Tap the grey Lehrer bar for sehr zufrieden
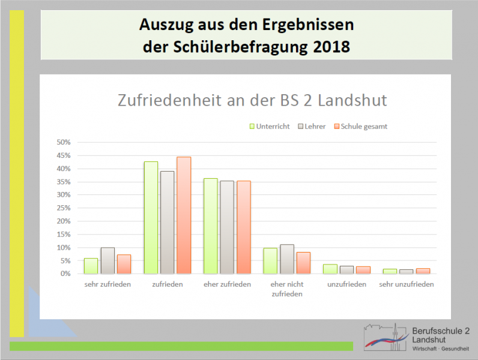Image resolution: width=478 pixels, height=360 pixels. [107, 260]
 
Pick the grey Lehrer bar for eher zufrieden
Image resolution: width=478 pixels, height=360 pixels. [227, 227]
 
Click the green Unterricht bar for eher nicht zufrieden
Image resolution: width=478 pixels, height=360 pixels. [270, 260]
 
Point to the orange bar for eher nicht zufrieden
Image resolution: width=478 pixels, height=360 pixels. [303, 262]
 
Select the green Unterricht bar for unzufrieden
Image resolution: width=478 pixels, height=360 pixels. [330, 269]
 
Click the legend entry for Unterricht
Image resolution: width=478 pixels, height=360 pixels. [270, 127]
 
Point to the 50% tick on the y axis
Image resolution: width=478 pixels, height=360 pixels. [64, 143]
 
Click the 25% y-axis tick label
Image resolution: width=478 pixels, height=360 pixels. [64, 208]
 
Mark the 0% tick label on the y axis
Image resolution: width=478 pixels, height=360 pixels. [65, 274]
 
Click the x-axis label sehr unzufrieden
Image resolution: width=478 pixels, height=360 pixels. [407, 284]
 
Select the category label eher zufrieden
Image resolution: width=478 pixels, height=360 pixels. [227, 284]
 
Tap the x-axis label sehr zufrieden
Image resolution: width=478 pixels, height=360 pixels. [107, 284]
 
